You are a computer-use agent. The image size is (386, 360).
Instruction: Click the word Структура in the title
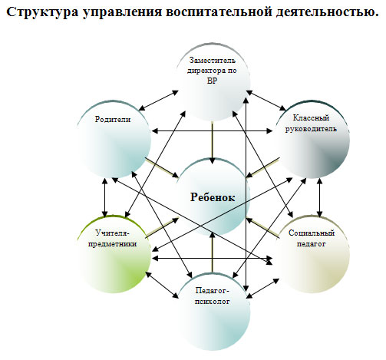[x=42, y=12]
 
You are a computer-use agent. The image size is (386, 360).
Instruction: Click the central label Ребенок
[x=213, y=197]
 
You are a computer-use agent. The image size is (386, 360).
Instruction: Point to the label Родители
[x=113, y=119]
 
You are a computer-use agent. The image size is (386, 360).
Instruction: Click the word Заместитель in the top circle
[x=213, y=61]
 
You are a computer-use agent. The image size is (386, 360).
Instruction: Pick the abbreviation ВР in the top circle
[x=212, y=81]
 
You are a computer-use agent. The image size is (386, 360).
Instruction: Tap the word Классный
[x=311, y=117]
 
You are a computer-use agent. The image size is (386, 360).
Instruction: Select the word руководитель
[x=311, y=129]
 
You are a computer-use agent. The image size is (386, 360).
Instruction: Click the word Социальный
[x=312, y=233]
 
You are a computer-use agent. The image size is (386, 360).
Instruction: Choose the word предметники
[x=113, y=244]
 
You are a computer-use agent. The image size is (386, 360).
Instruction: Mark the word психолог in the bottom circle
[x=213, y=302]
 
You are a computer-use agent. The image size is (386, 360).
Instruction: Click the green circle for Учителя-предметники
[x=114, y=255]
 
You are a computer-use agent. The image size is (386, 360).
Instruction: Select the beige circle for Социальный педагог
[x=312, y=255]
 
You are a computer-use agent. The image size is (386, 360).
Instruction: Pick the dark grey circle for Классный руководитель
[x=312, y=139]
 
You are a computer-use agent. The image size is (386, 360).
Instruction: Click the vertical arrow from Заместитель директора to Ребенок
[x=212, y=143]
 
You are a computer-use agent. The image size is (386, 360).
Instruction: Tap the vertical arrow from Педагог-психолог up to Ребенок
[x=212, y=252]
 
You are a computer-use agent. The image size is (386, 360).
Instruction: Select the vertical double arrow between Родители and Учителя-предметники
[x=104, y=197]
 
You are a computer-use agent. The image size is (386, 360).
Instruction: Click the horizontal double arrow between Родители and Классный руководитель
[x=212, y=131]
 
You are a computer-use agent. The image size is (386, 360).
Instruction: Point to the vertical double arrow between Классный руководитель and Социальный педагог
[x=319, y=197]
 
